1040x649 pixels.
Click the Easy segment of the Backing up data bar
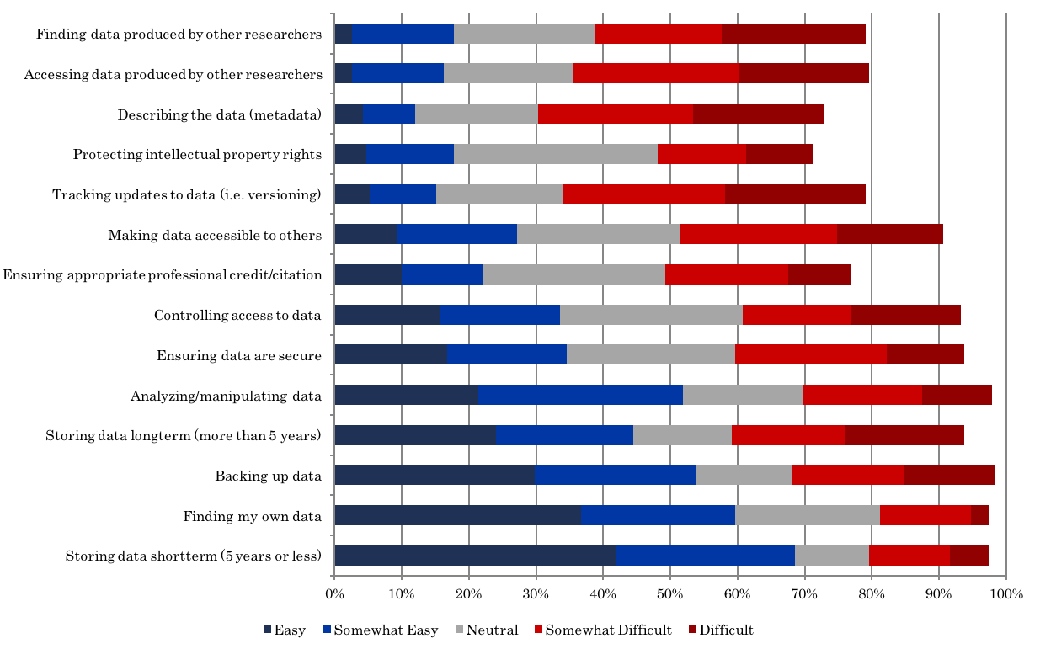(435, 476)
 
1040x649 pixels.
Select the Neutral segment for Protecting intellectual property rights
(555, 154)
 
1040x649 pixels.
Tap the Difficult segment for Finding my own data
(979, 516)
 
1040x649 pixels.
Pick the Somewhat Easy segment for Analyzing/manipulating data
(580, 395)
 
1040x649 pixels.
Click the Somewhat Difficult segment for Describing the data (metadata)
(615, 114)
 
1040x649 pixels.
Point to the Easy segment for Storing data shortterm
(475, 556)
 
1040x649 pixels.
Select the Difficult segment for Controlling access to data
(905, 315)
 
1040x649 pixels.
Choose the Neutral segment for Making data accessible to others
(598, 234)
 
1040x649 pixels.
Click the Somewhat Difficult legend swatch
(539, 630)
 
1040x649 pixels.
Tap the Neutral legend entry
(486, 630)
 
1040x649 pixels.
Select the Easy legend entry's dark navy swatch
(268, 630)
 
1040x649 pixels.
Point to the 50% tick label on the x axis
(669, 593)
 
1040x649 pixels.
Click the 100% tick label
(1005, 593)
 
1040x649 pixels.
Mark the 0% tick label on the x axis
(334, 593)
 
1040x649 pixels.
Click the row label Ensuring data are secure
(239, 355)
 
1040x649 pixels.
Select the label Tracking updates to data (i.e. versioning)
(187, 194)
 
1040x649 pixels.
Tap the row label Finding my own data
(253, 516)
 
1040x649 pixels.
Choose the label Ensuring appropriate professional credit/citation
(163, 274)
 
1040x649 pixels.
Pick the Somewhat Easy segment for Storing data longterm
(564, 435)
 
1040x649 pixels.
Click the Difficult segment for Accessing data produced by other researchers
(803, 73)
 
